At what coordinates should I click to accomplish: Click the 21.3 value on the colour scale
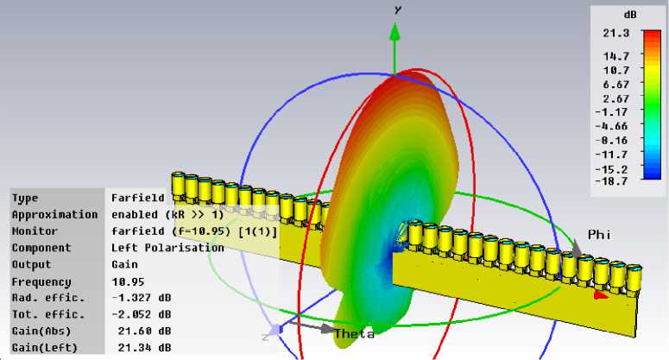click(615, 34)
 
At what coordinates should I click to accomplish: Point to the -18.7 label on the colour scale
click(611, 181)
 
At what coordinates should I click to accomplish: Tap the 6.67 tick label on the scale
click(615, 85)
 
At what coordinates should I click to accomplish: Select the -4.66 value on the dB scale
click(611, 126)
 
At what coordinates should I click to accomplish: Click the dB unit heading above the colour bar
click(630, 15)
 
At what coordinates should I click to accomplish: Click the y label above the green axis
click(398, 9)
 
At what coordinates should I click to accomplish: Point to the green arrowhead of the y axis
click(395, 32)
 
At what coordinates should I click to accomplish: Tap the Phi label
click(599, 234)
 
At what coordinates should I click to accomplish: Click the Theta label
click(354, 333)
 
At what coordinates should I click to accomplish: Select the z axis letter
click(265, 337)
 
